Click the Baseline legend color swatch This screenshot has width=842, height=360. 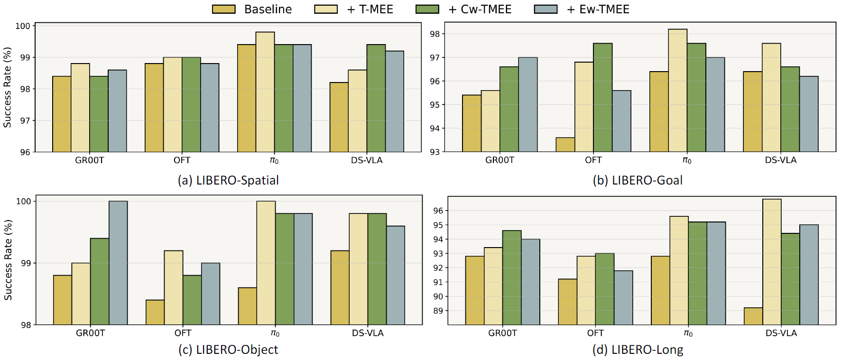click(224, 9)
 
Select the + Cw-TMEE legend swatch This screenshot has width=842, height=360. click(427, 9)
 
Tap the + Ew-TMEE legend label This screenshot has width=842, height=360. click(598, 9)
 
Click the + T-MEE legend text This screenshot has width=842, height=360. click(370, 9)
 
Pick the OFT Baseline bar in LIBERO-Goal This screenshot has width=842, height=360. click(565, 145)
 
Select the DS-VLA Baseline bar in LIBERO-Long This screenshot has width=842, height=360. click(753, 316)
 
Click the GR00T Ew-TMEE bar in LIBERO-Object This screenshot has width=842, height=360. click(118, 263)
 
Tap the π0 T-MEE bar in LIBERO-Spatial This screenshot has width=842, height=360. click(265, 92)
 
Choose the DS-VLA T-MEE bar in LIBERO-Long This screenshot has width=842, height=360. click(772, 262)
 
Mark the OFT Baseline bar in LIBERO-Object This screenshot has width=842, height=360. click(155, 312)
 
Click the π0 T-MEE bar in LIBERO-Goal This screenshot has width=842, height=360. click(677, 91)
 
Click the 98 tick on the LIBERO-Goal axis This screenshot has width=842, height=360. click(435, 34)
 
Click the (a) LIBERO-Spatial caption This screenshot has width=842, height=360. click(228, 181)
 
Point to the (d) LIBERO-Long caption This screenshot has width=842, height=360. click(638, 350)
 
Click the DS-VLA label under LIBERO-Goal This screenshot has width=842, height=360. click(780, 160)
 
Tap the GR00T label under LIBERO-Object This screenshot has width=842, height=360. click(90, 333)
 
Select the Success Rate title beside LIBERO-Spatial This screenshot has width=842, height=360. click(8, 87)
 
